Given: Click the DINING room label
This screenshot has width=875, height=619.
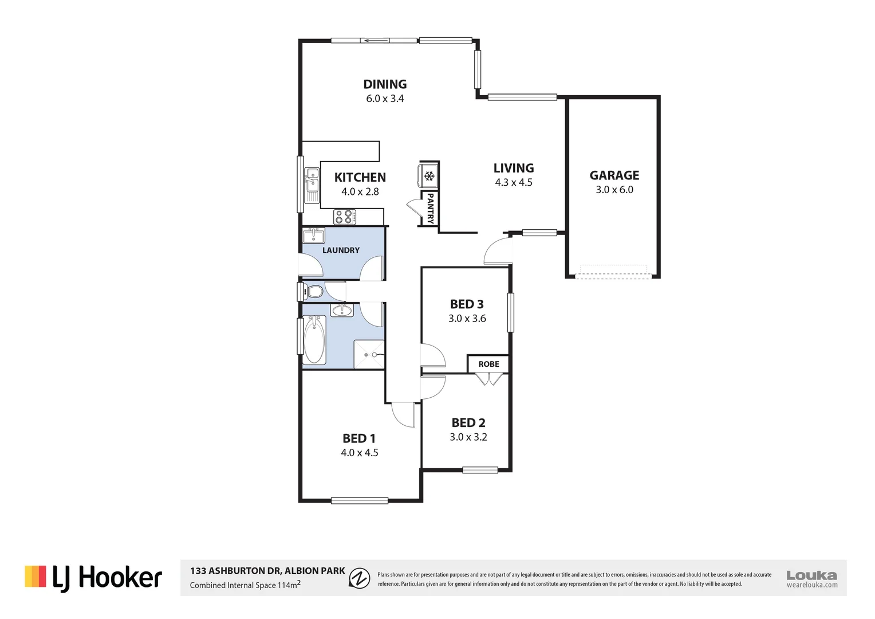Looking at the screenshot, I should [x=385, y=84].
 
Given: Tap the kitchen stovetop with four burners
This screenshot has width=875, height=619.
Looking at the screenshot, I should [x=344, y=217].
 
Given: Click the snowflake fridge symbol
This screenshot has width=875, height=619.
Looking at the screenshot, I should [x=429, y=176].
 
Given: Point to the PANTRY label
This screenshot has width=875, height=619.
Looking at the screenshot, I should [x=430, y=208].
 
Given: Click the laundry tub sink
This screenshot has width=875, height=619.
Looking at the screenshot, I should [x=314, y=235].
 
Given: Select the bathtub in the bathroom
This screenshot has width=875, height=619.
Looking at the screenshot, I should [x=314, y=340].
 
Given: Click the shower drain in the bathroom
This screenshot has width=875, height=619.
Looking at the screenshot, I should [x=366, y=355].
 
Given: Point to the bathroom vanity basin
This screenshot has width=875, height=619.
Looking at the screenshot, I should [x=342, y=310].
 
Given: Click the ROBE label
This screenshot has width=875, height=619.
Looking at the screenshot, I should [x=488, y=364].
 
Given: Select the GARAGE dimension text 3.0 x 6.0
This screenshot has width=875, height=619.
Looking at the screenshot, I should [x=614, y=190].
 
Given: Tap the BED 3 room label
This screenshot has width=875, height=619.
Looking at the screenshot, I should [x=467, y=304].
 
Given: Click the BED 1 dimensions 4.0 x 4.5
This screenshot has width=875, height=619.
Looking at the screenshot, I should [x=359, y=453].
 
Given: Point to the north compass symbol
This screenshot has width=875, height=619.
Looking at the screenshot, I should [x=360, y=578].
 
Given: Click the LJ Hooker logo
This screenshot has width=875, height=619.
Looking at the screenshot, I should [x=93, y=578].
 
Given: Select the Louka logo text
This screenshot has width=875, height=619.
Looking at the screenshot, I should [x=811, y=575].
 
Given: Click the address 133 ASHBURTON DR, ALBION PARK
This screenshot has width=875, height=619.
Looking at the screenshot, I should [x=267, y=571].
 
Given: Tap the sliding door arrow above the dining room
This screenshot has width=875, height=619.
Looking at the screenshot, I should [x=376, y=41].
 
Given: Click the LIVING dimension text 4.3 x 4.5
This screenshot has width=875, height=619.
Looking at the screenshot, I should [x=514, y=183].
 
